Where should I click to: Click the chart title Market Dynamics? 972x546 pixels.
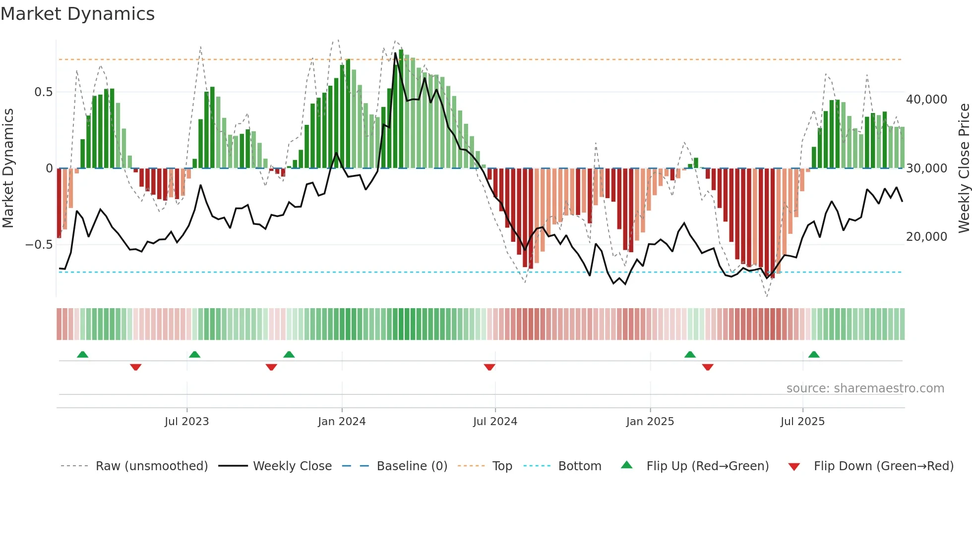[x=77, y=14]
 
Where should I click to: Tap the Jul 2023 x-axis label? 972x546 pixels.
[x=186, y=422]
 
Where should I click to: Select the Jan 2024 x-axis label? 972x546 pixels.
[x=342, y=422]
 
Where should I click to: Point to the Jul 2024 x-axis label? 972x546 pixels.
[x=495, y=422]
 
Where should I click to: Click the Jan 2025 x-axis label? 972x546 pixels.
[x=650, y=422]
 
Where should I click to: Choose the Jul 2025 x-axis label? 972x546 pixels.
[x=802, y=422]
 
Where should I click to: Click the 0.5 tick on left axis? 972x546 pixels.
[x=43, y=92]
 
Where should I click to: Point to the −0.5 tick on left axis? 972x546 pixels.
[x=39, y=245]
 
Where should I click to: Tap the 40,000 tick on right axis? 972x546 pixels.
[x=926, y=100]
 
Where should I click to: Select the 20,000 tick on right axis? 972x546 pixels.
[x=926, y=237]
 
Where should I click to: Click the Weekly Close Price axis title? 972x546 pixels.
[x=964, y=168]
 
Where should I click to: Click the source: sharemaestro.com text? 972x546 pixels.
[x=865, y=388]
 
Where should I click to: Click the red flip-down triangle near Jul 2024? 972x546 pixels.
[x=489, y=367]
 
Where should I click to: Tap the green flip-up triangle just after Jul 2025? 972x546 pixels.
[x=814, y=354]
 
